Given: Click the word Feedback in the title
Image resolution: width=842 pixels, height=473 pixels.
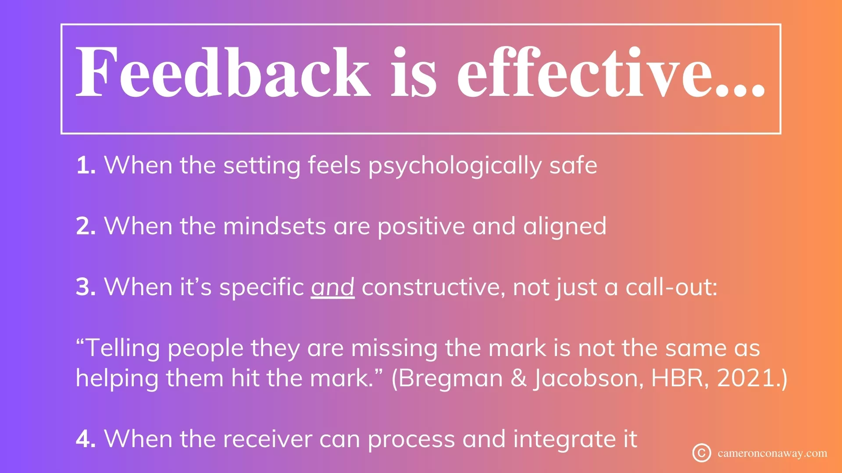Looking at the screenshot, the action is pos(223,72).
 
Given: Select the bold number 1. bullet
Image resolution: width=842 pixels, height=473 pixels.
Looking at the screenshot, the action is pos(86,166).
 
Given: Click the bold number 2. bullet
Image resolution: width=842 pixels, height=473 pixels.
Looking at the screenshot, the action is pos(86,226).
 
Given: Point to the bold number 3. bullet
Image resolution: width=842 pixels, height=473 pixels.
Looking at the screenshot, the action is pos(86,287).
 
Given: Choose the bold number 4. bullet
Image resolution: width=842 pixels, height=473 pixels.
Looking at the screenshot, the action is pos(86,439).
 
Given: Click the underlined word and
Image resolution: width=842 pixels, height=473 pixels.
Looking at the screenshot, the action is pos(333,288).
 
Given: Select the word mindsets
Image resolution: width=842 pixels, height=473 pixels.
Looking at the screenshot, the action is pos(275,226).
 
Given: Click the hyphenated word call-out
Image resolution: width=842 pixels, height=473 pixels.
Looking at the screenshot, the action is pos(671,288).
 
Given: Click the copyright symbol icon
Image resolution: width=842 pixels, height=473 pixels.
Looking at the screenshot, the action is pos(702,453).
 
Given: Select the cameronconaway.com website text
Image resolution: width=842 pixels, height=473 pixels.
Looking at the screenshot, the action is pos(772,453).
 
